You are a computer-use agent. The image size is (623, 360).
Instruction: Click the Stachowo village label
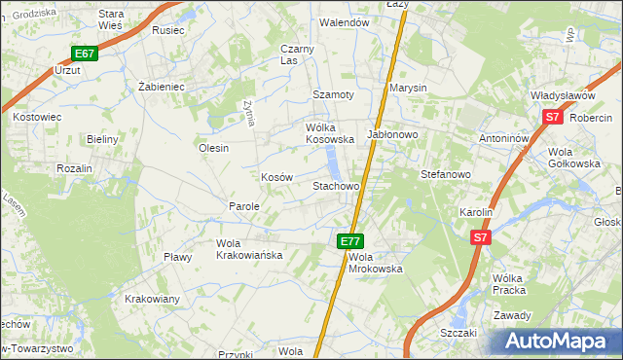[336, 185]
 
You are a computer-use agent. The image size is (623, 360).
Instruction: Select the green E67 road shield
[85, 54]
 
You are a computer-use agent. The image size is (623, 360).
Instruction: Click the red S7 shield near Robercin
[553, 117]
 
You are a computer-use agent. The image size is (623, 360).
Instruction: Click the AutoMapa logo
[560, 341]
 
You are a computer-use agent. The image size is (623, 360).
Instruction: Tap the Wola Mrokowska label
[375, 262]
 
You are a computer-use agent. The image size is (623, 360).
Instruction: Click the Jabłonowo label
[392, 133]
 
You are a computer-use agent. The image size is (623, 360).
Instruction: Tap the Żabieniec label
[162, 87]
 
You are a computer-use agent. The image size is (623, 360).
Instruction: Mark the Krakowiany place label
[152, 299]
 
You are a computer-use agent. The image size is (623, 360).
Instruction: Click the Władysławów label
[563, 96]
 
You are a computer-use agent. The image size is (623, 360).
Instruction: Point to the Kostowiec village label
[37, 117]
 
